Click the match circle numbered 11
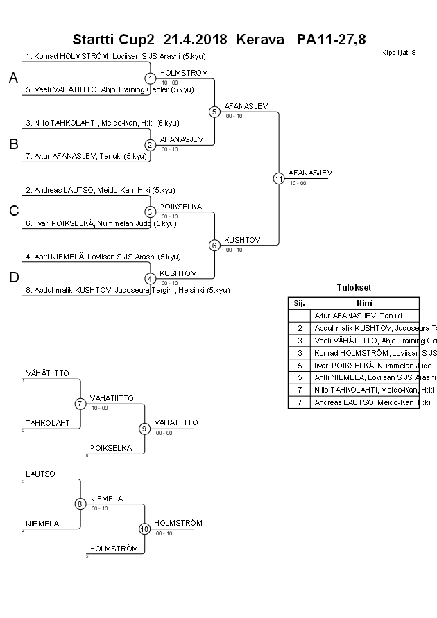click(279, 178)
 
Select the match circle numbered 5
click(214, 111)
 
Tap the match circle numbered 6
click(214, 245)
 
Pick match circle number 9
click(144, 429)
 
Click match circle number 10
click(144, 529)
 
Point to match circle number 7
click(80, 404)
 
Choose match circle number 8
click(80, 504)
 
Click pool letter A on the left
click(13, 79)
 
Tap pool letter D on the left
click(13, 278)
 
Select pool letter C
click(13, 212)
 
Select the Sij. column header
click(300, 303)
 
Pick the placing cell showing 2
click(300, 328)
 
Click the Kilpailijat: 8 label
click(399, 53)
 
